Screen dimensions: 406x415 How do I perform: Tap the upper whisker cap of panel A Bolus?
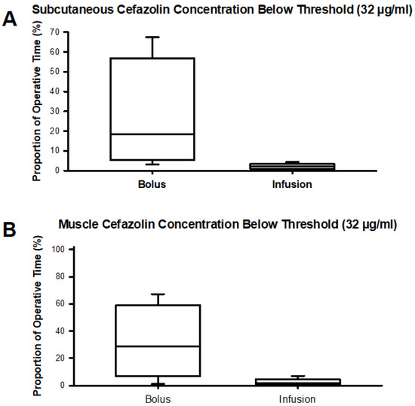pos(152,37)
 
